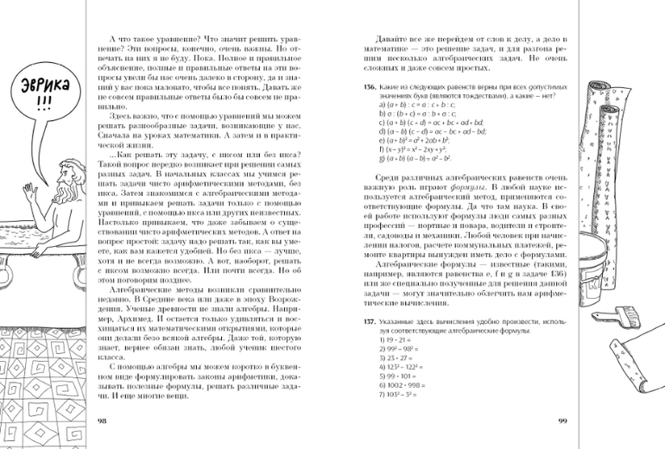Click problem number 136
pyautogui.click(x=369, y=87)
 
